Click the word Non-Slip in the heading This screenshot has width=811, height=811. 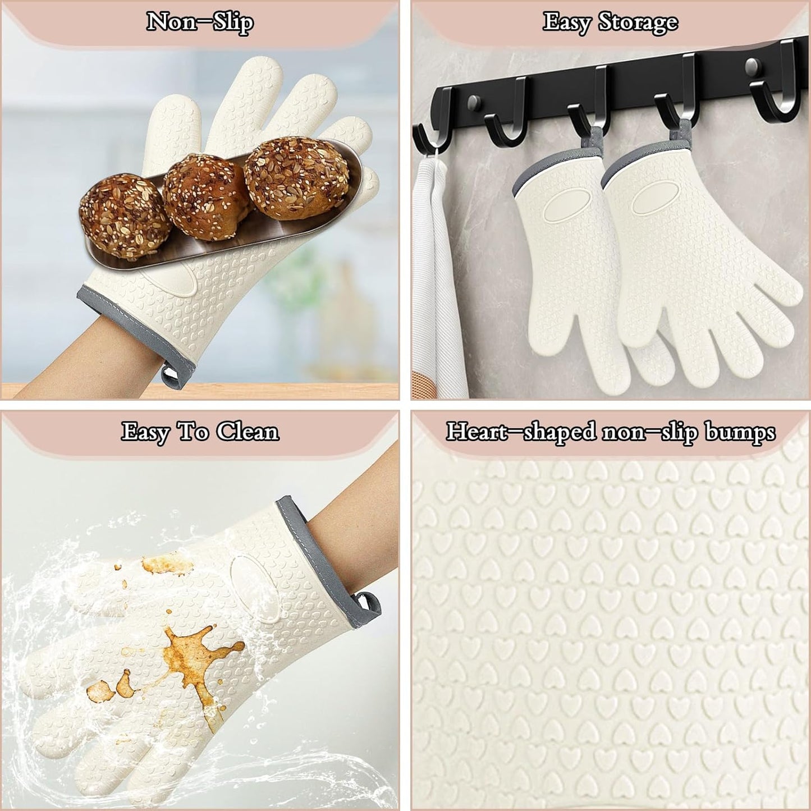[x=200, y=22]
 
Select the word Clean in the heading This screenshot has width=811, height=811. [x=248, y=432]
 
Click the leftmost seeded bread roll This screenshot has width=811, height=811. [x=125, y=216]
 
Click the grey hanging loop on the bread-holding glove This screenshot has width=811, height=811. [x=169, y=374]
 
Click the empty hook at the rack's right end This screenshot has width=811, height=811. [x=775, y=95]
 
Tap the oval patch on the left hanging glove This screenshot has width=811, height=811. [x=567, y=205]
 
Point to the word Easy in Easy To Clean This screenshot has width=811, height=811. [x=144, y=432]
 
